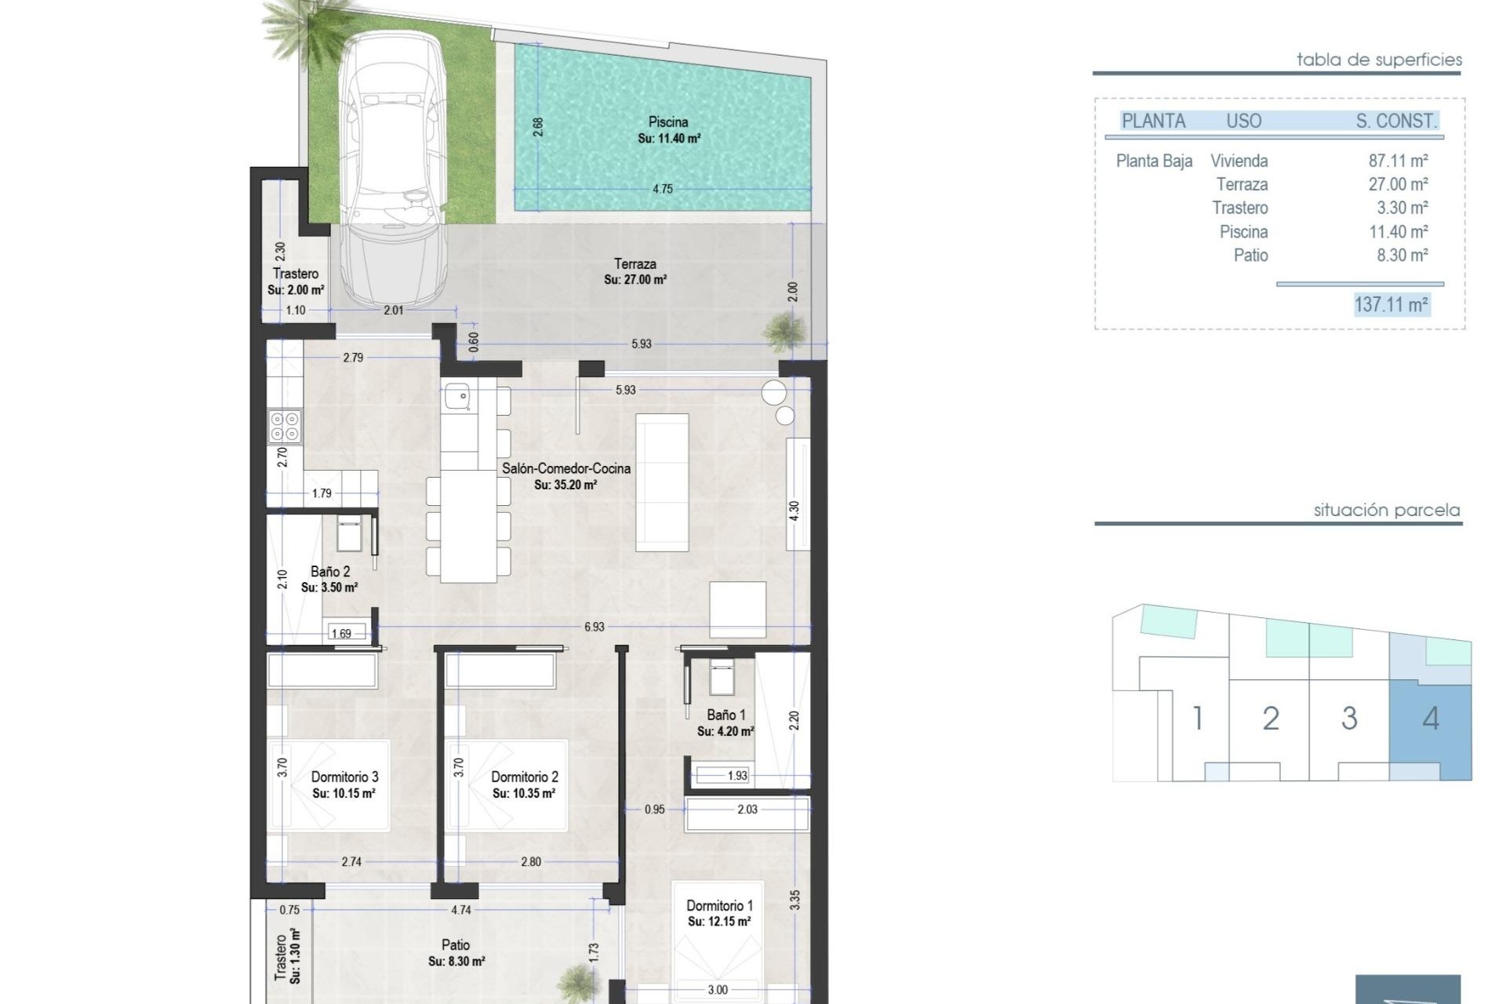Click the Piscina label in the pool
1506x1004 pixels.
(668, 122)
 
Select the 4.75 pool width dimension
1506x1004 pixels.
(663, 189)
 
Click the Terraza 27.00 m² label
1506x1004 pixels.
(635, 271)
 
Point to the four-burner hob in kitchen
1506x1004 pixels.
(284, 427)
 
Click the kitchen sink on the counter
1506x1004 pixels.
(457, 396)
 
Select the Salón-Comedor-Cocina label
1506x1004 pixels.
(566, 468)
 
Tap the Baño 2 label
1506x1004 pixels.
(330, 572)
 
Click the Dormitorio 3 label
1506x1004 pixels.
(344, 777)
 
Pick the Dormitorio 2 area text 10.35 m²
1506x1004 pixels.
(524, 794)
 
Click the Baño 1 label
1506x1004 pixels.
(726, 715)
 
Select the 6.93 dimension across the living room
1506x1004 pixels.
(594, 627)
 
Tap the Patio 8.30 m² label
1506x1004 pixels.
(456, 952)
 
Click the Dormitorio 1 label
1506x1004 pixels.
(719, 905)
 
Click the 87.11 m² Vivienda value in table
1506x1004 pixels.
(1398, 161)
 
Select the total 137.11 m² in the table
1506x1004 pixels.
(1391, 304)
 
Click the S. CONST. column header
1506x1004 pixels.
(1396, 121)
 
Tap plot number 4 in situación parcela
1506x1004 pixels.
(1431, 718)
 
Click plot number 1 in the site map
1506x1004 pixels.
(1197, 718)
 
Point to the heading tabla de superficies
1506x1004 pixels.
(1379, 60)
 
